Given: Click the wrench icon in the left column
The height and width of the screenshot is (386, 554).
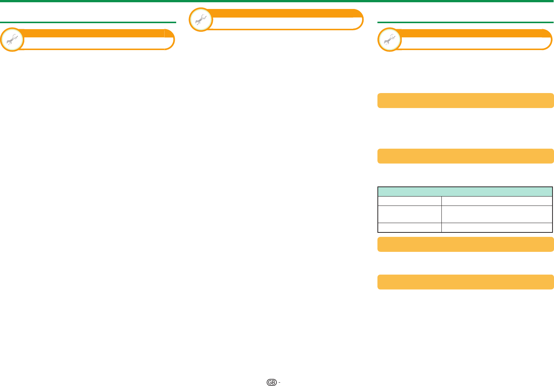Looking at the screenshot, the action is pos(12,39).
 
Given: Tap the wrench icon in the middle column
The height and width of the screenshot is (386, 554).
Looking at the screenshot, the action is pos(201,19).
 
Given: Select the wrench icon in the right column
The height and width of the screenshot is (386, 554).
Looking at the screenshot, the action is pos(390,39).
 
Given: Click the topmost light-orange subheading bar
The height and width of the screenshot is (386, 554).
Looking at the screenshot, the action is pos(465,101).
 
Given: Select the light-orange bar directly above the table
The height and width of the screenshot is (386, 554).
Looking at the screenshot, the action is pos(465,156).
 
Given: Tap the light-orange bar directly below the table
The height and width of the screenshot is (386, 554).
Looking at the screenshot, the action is pos(465,244).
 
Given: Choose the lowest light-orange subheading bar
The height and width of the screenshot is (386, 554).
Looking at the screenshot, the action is pos(465,282).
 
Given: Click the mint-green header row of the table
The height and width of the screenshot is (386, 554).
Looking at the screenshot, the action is pos(465,191).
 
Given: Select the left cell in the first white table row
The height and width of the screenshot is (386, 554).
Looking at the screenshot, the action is pos(410,201).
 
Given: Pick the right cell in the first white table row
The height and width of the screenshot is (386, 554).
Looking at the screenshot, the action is pos(497,201).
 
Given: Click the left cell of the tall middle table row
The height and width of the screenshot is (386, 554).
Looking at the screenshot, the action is pos(410,214).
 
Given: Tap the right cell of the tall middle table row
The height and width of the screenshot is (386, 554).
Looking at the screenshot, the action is pos(497,214).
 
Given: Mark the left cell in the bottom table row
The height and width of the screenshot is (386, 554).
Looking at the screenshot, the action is pos(410,228).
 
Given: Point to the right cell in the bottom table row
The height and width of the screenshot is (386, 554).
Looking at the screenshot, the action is pos(497,228).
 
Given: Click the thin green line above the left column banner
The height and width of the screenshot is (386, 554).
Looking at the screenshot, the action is pos(88,22).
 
